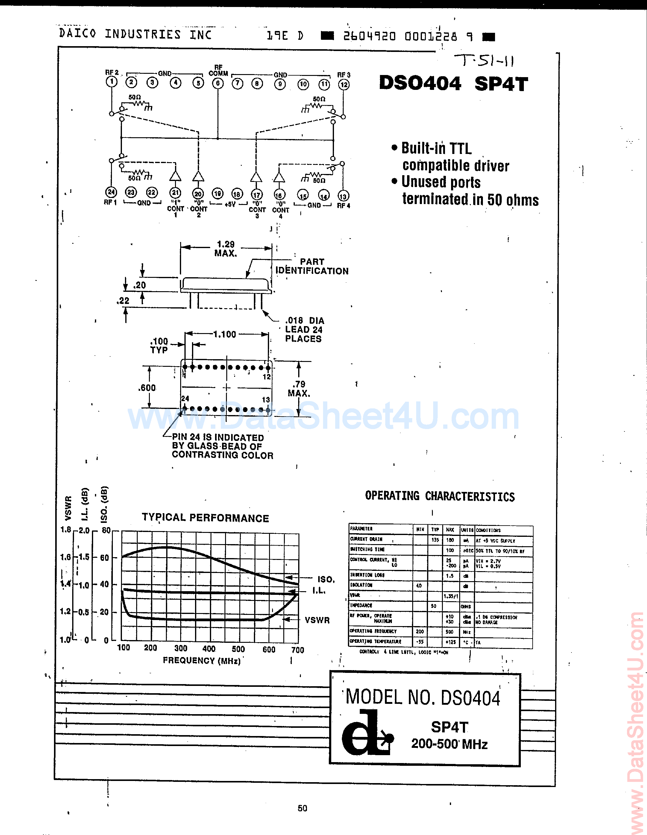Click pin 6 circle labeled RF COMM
click(x=218, y=83)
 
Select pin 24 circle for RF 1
click(x=111, y=192)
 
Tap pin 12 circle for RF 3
click(x=344, y=84)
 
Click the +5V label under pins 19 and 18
click(x=230, y=205)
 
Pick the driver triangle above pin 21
click(x=175, y=176)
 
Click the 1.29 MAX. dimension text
click(x=226, y=248)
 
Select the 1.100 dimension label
click(x=224, y=335)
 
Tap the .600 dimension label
click(x=147, y=388)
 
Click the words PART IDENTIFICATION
click(x=312, y=267)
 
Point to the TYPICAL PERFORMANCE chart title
click(x=205, y=518)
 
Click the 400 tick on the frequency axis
click(x=209, y=649)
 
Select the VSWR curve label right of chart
click(x=317, y=620)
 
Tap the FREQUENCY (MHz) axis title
click(x=202, y=661)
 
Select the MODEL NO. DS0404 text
click(x=423, y=698)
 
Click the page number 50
click(x=302, y=808)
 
